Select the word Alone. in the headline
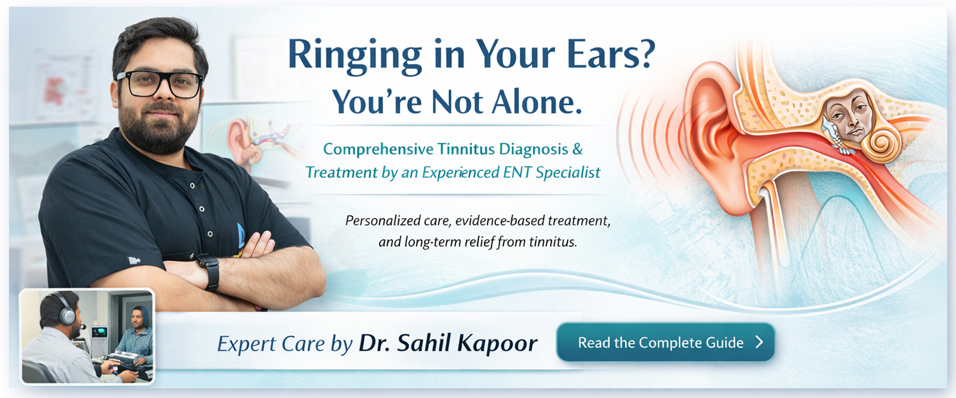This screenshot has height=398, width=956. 537,102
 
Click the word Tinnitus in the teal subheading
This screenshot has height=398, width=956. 466,149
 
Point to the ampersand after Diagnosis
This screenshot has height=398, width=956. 578,149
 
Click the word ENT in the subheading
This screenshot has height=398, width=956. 517,172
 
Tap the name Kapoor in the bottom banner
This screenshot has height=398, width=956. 497,344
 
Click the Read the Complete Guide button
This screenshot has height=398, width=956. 666,342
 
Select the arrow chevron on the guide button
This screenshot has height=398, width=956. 759,342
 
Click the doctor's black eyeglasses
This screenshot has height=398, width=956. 159,84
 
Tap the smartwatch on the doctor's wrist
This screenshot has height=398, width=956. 209,271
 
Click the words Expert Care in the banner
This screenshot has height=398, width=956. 271,344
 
